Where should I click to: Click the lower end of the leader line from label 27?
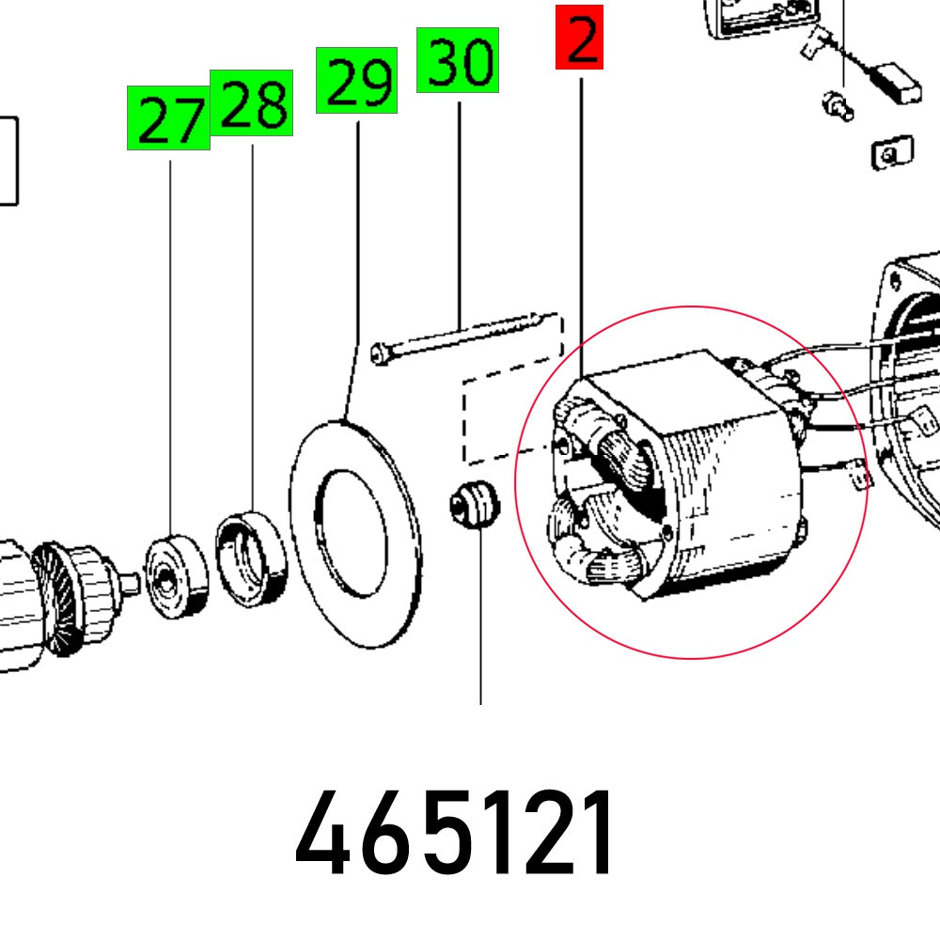click(170, 536)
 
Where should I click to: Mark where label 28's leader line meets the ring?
click(252, 511)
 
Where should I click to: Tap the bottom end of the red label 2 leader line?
click(581, 379)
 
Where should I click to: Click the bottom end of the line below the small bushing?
click(480, 704)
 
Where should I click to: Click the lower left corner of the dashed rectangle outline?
click(466, 462)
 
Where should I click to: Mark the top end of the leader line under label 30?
click(460, 102)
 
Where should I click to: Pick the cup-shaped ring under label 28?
click(251, 558)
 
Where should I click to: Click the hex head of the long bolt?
click(379, 353)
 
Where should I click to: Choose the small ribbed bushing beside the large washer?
click(474, 503)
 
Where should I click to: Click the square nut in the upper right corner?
click(892, 153)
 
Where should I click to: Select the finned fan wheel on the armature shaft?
click(53, 600)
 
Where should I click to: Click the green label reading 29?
click(356, 80)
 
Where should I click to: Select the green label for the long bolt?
click(458, 60)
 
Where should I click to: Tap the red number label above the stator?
click(579, 38)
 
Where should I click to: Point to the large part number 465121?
click(454, 833)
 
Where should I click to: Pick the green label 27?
click(168, 117)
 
